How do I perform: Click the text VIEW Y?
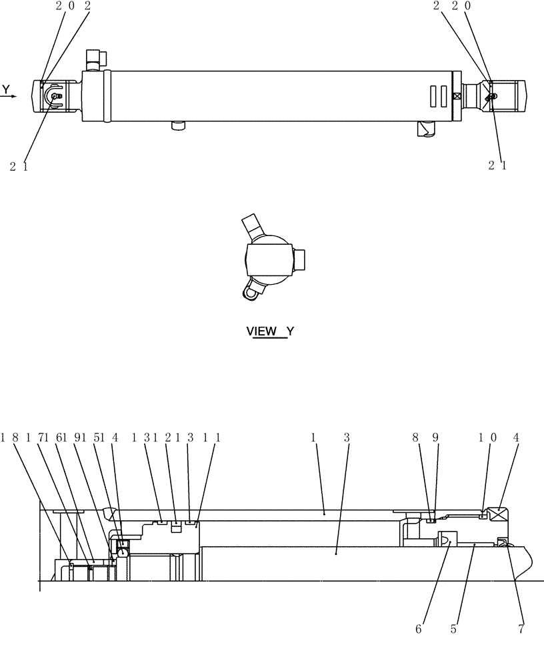tap(269, 331)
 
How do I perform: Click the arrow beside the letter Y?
tap(9, 96)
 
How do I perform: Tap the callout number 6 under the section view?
tap(419, 628)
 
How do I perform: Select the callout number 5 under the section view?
tap(453, 628)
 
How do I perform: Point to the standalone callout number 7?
tap(521, 628)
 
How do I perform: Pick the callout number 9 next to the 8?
tap(435, 438)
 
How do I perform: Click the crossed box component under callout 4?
tap(499, 515)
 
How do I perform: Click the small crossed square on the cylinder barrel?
tap(457, 96)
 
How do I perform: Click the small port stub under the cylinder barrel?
tap(177, 125)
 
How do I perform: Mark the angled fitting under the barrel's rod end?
tap(424, 129)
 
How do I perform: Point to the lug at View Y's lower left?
tap(253, 291)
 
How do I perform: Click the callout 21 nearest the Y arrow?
tap(19, 167)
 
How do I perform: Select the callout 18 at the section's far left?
tap(9, 438)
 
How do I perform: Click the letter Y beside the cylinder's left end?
tap(6, 89)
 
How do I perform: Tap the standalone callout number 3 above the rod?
tap(347, 438)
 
